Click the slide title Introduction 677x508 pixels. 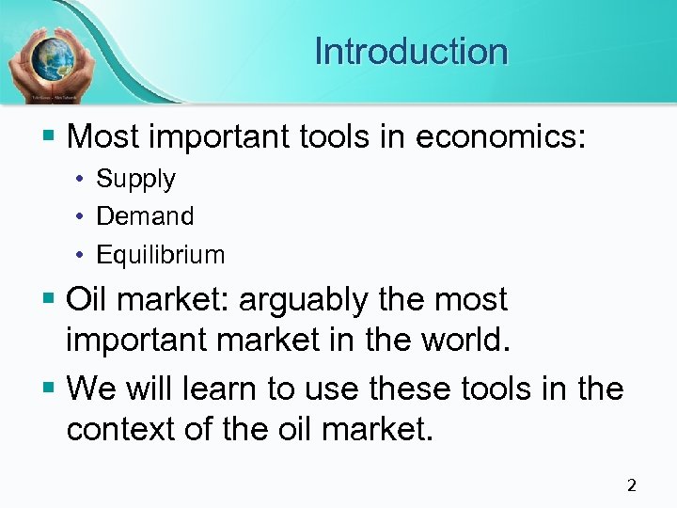(411, 51)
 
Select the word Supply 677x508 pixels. (136, 179)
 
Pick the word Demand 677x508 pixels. (145, 216)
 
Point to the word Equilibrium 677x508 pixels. (161, 255)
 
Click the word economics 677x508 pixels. (500, 137)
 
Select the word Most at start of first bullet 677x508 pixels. (104, 137)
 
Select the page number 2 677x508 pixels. (631, 485)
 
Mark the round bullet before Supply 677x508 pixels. (82, 180)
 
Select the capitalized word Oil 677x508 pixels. (90, 300)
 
